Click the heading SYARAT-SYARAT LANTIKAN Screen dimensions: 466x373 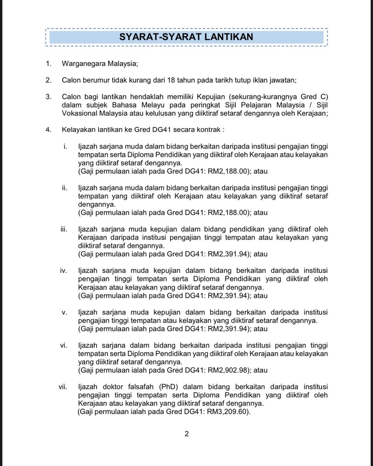click(186, 37)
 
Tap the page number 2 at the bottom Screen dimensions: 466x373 click(186, 434)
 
